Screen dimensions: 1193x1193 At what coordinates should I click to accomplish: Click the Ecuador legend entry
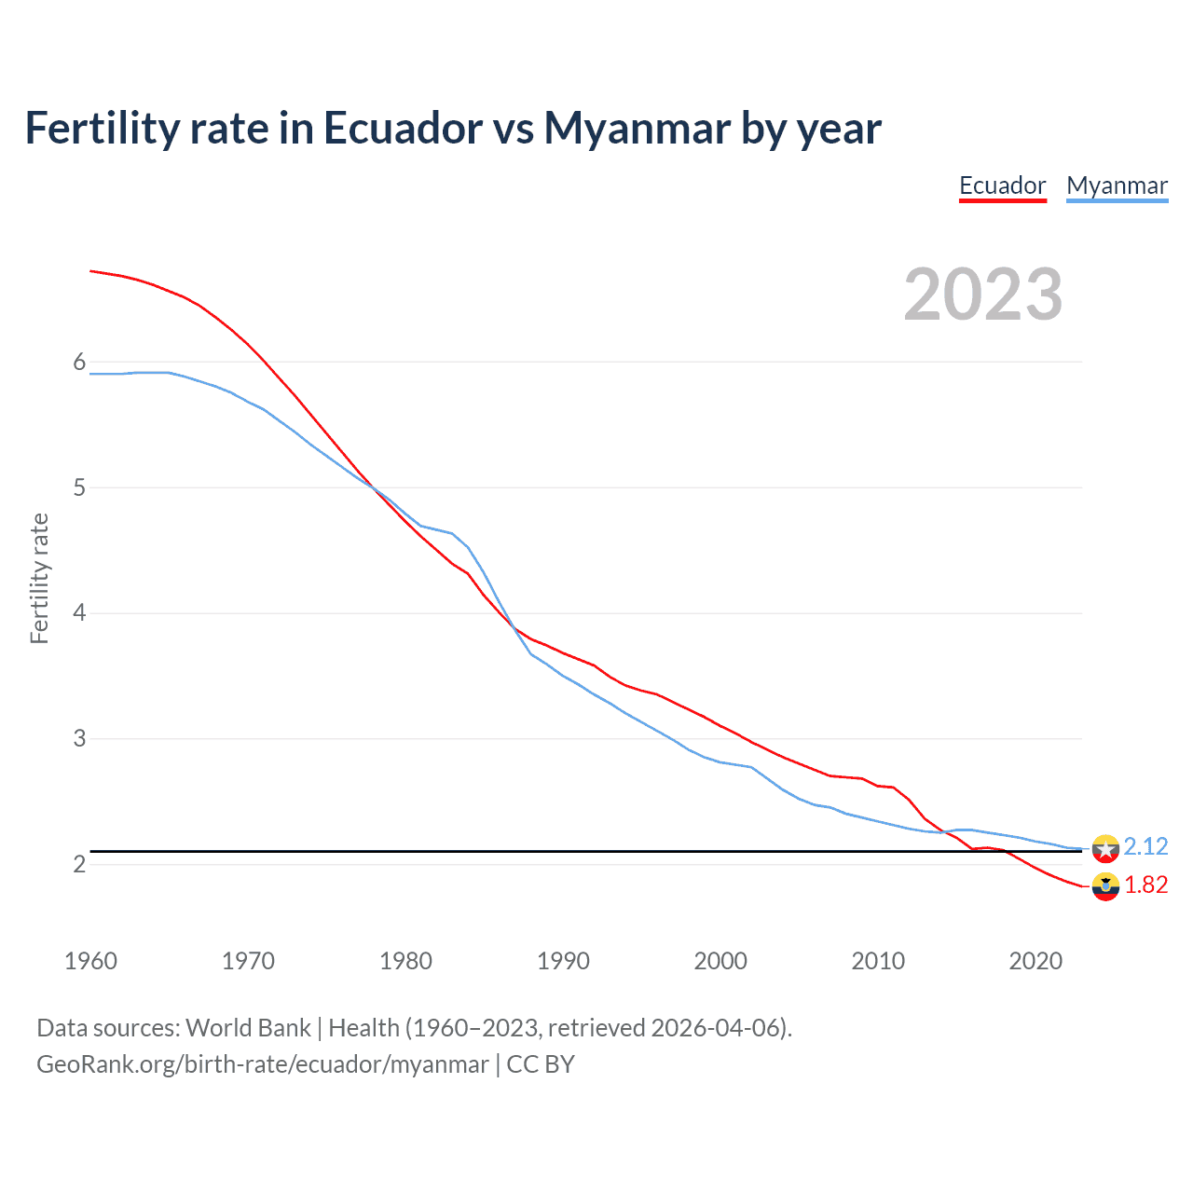[x=1002, y=185]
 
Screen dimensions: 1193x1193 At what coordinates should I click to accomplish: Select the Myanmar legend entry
[x=1117, y=185]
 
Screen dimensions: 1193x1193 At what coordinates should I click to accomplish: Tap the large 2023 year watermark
[x=982, y=295]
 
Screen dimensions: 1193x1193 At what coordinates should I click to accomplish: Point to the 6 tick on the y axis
[x=79, y=362]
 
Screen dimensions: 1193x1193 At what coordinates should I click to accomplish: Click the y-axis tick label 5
[x=79, y=487]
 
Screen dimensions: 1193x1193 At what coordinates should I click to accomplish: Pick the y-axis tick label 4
[x=79, y=613]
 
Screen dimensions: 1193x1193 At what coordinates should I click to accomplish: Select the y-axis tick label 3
[x=79, y=739]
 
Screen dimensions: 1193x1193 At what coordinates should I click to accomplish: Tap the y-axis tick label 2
[x=79, y=864]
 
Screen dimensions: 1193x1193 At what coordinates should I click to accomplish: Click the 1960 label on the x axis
[x=90, y=961]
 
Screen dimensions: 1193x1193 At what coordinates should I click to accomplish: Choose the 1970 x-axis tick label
[x=248, y=961]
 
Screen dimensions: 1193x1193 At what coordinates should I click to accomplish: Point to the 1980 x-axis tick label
[x=405, y=961]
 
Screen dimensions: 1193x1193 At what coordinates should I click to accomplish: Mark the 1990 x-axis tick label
[x=563, y=961]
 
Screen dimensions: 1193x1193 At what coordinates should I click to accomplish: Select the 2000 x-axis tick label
[x=720, y=961]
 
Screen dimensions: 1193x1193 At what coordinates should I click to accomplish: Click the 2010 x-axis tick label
[x=878, y=961]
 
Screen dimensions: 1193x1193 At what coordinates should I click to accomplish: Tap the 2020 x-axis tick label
[x=1035, y=961]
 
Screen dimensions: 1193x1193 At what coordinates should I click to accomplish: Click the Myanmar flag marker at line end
[x=1105, y=848]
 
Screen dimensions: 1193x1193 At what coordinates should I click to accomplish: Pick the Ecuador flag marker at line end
[x=1105, y=886]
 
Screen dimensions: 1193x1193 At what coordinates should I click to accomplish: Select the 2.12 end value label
[x=1145, y=846]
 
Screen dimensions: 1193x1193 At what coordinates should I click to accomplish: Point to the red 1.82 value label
[x=1145, y=884]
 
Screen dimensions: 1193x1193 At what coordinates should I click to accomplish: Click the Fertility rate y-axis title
[x=39, y=578]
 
